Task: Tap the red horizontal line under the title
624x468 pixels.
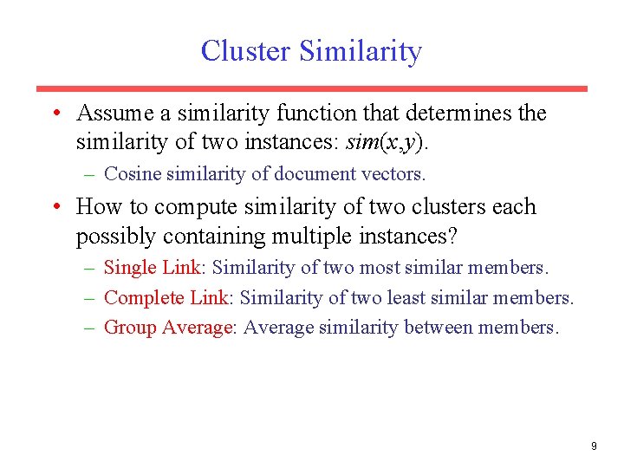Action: click(311, 88)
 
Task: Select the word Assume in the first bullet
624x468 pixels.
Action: click(113, 114)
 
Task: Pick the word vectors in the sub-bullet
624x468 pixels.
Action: click(394, 174)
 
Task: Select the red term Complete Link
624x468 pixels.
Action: click(166, 298)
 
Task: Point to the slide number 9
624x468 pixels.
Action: click(594, 446)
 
